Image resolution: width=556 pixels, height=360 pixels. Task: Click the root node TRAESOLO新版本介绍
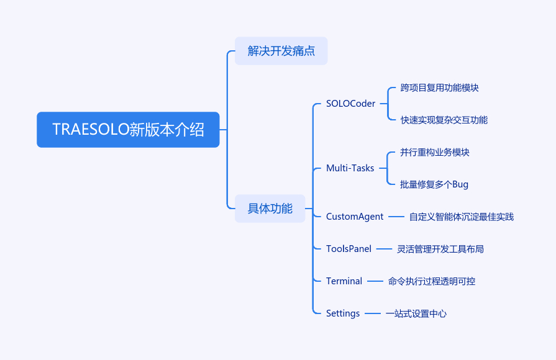pos(128,130)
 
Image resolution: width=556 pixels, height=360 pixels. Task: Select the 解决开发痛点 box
pos(281,51)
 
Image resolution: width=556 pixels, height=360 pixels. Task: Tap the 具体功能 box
pos(270,209)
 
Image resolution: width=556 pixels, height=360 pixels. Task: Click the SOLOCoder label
pos(350,104)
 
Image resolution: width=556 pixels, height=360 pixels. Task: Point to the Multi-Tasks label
pos(350,168)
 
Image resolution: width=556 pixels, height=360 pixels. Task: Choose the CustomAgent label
pos(355,217)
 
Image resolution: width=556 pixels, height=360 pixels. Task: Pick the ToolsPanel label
pos(349,249)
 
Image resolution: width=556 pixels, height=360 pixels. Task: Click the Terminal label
pos(344,281)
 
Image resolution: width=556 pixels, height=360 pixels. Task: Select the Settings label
pos(343,313)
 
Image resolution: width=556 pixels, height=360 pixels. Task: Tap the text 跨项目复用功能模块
pos(439,88)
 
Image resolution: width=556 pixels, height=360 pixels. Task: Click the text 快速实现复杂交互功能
pos(444,120)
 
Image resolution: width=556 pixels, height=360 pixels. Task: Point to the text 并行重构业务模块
pos(435,152)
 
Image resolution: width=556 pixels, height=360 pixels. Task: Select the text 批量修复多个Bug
pos(434,184)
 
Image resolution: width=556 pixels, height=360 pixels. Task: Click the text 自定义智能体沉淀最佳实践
pos(461,217)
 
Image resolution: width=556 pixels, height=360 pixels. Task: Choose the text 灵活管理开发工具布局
pos(440,249)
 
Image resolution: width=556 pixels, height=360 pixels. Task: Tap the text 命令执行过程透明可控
pos(431,281)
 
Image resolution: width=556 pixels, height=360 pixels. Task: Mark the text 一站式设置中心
pos(416,313)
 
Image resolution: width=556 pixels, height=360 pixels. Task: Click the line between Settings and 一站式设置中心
pos(373,313)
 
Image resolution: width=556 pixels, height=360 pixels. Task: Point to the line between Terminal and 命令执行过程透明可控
pos(375,281)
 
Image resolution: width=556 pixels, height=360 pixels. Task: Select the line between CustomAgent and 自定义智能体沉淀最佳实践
pos(396,217)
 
